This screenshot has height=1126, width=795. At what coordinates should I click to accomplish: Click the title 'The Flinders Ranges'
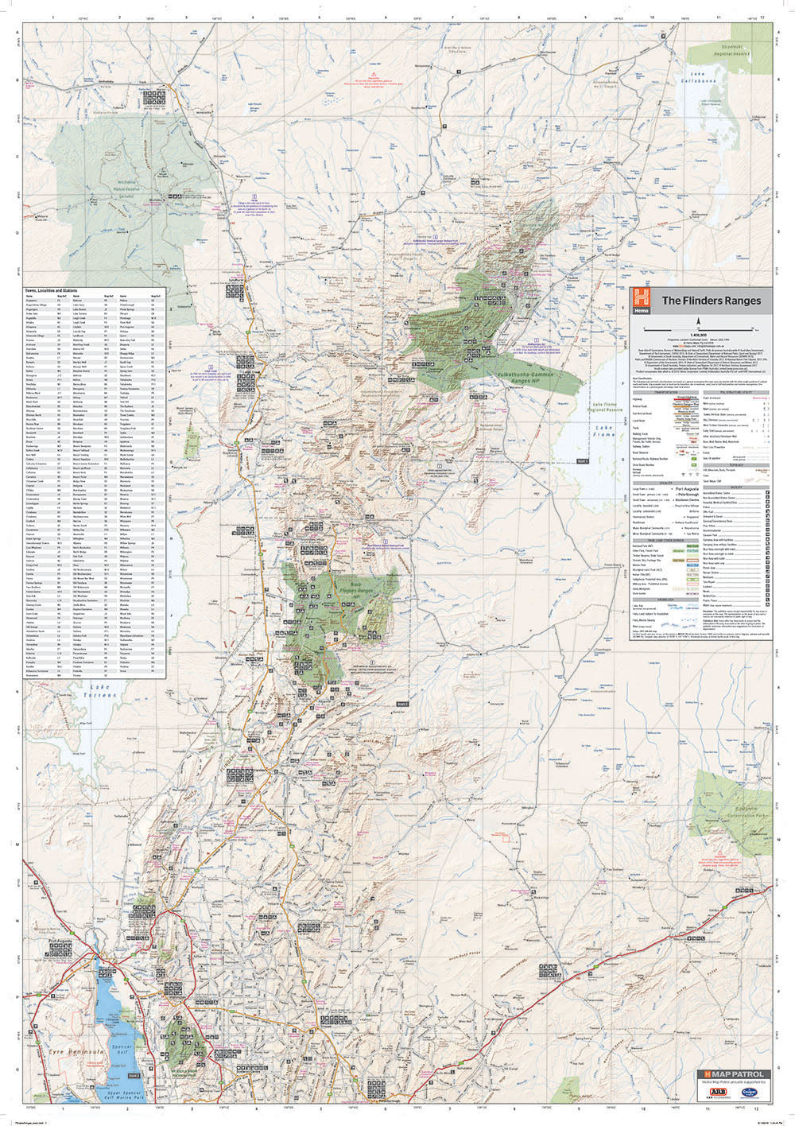(711, 301)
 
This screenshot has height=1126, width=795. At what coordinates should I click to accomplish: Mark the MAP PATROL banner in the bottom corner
(724, 1074)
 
